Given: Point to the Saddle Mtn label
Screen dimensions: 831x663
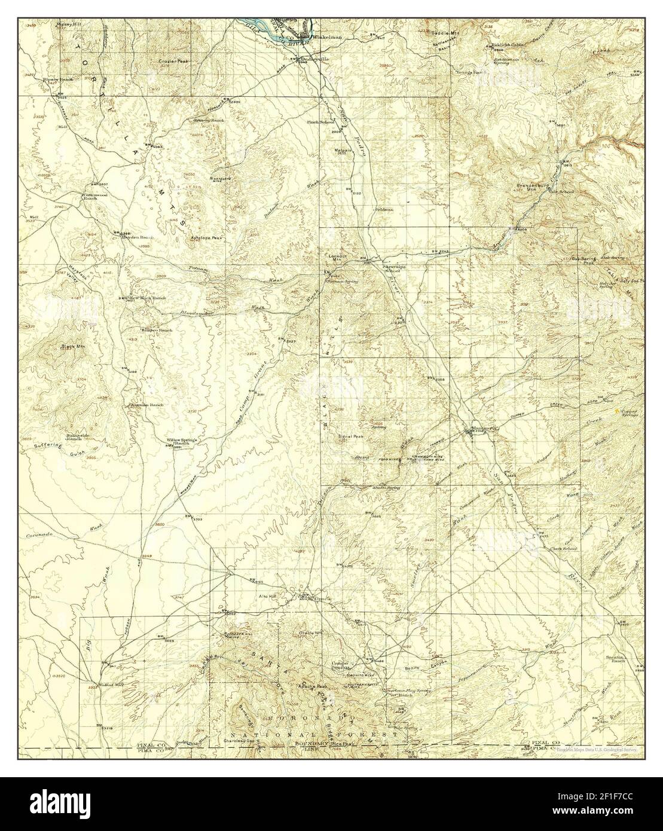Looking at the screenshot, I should pyautogui.click(x=445, y=33).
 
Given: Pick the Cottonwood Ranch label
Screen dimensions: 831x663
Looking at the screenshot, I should pyautogui.click(x=98, y=196).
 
